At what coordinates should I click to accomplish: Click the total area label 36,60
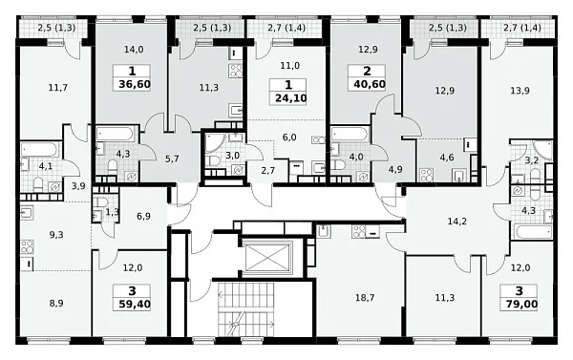(x=135, y=84)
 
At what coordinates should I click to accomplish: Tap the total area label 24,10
(x=291, y=98)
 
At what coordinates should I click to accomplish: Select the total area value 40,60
(x=370, y=84)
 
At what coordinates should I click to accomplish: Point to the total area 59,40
(x=135, y=304)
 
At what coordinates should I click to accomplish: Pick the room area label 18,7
(x=365, y=298)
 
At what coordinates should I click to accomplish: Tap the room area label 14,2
(x=457, y=222)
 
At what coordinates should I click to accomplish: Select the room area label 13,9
(x=520, y=91)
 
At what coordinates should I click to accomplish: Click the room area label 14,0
(x=134, y=50)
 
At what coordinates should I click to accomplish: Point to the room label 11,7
(x=57, y=87)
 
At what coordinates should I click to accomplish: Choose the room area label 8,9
(x=56, y=303)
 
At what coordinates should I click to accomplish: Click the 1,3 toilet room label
(x=112, y=212)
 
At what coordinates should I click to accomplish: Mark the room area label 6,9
(x=143, y=217)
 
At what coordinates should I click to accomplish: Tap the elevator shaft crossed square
(x=267, y=258)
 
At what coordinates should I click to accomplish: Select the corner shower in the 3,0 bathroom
(x=214, y=143)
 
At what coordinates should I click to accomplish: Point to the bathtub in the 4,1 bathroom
(x=40, y=149)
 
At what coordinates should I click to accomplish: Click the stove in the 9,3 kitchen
(x=28, y=246)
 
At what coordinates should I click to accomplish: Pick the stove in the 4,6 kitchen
(x=426, y=175)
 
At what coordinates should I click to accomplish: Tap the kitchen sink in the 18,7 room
(x=324, y=232)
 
